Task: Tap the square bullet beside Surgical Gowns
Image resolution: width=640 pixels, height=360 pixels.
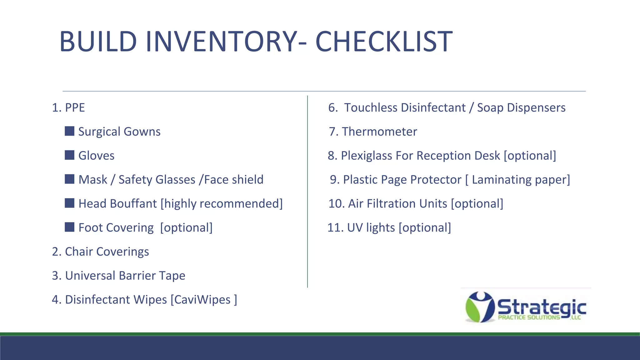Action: tap(69, 131)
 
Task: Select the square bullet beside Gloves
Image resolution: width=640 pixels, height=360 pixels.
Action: tap(69, 155)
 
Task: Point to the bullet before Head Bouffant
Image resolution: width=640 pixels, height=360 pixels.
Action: tap(69, 203)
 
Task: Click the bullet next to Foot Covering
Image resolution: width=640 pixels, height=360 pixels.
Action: tap(69, 227)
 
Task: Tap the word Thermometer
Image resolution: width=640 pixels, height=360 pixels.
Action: tap(379, 132)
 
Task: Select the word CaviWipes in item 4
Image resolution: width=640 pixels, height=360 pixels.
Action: tap(202, 299)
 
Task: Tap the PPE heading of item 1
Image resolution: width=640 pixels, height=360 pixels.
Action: tap(75, 107)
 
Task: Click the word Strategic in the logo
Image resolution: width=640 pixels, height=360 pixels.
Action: tap(542, 307)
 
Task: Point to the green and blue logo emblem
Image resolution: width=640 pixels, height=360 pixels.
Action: tap(479, 307)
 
